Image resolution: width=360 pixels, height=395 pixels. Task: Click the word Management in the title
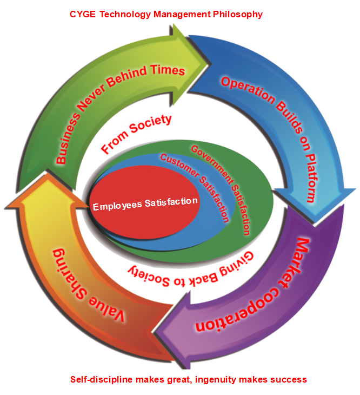[181, 15]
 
